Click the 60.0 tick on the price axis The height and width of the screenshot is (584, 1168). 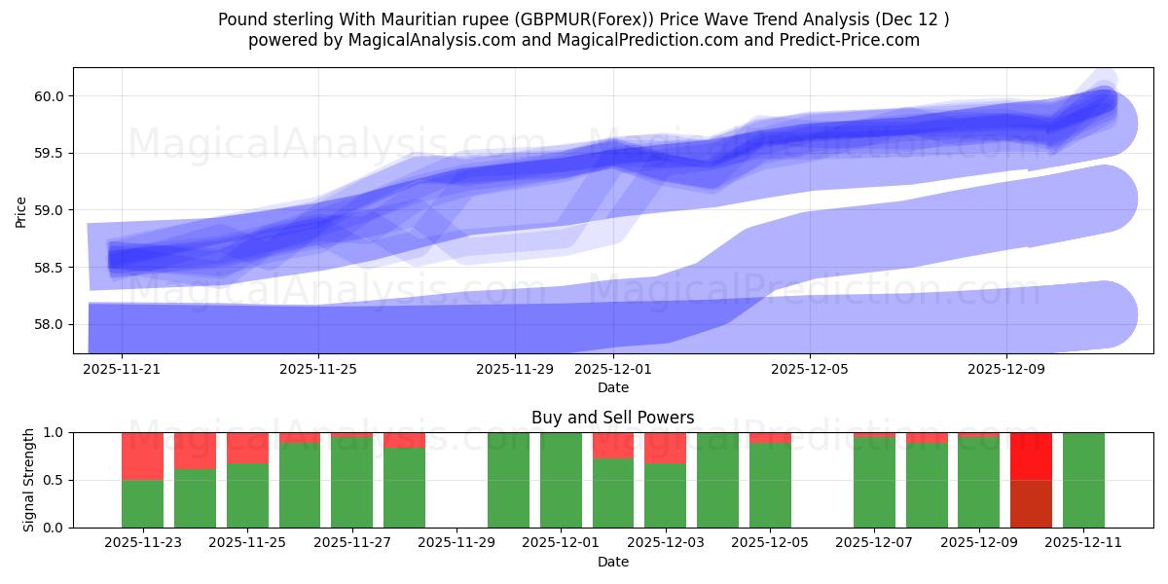[49, 96]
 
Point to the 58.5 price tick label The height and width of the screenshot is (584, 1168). [49, 267]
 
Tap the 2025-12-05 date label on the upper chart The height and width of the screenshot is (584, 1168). [810, 370]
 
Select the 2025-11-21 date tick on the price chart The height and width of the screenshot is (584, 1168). [122, 370]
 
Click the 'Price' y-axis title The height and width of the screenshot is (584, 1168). [21, 210]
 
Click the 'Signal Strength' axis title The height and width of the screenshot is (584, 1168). [29, 480]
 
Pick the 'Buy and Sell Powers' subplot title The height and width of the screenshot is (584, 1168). [612, 418]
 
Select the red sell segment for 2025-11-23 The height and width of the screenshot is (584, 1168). [142, 456]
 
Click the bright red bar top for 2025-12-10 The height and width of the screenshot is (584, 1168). [1031, 456]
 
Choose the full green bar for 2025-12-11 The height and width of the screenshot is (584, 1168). [1083, 480]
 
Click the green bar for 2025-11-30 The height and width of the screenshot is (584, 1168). [508, 480]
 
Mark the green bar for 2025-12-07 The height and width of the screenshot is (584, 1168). [874, 483]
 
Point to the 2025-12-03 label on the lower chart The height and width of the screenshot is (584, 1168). [665, 543]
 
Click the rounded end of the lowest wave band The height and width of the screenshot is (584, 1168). [1110, 314]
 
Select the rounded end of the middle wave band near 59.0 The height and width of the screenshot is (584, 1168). [1110, 200]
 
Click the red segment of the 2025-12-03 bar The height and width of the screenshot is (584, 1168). [665, 448]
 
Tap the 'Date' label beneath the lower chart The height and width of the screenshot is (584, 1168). [612, 562]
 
